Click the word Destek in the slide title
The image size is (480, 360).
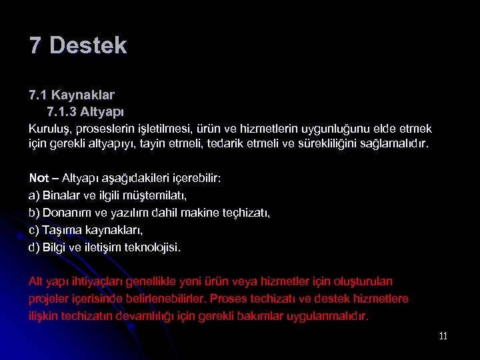click(88, 45)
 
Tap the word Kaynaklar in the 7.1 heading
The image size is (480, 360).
click(91, 95)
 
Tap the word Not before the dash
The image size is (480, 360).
click(39, 179)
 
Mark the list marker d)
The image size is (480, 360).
click(34, 247)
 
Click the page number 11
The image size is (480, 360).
click(443, 336)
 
